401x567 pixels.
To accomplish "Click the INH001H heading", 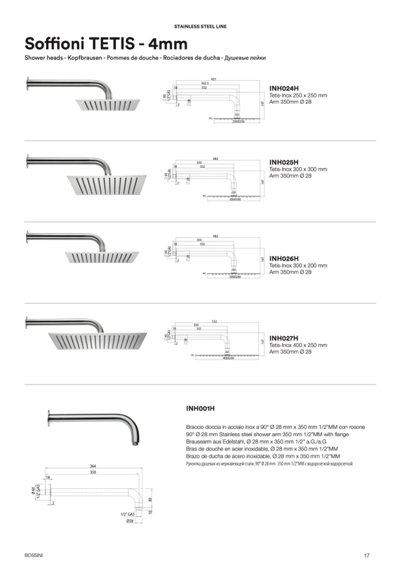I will (x=200, y=408).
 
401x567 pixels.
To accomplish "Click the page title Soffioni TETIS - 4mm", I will (x=106, y=44).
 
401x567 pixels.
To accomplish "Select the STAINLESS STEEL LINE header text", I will (x=200, y=27).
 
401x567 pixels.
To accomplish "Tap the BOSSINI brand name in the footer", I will (x=34, y=554).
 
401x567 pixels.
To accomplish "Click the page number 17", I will (x=367, y=555).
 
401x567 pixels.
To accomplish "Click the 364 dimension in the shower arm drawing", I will (x=93, y=466).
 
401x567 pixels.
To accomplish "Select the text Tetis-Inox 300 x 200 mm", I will (x=298, y=265).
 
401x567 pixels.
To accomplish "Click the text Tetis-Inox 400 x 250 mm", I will (x=298, y=345).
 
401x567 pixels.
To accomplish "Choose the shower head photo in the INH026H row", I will (x=102, y=257).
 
